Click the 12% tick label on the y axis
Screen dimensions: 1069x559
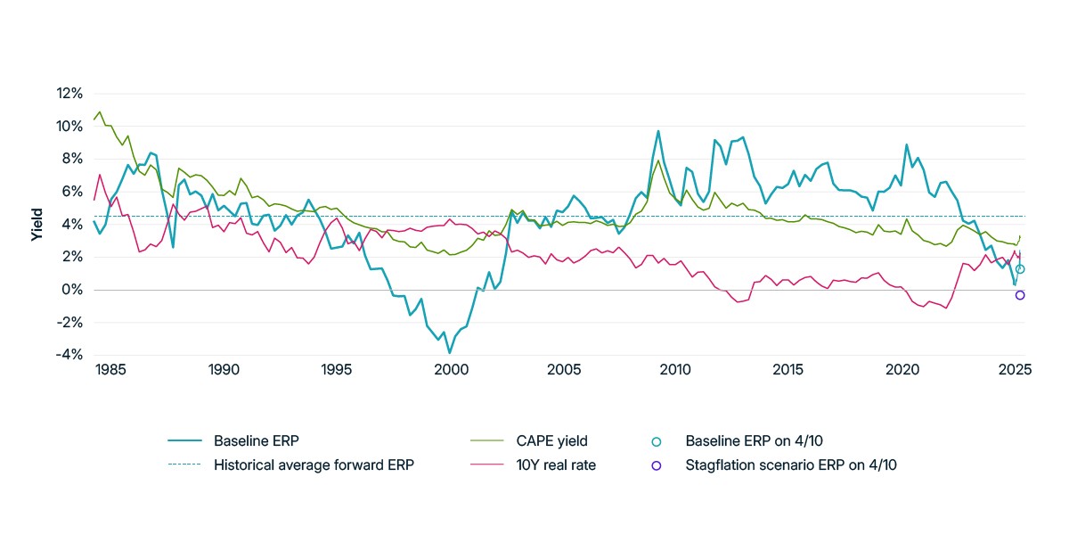coord(69,93)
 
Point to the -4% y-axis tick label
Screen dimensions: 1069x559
coord(69,355)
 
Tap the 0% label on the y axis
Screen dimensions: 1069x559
coord(72,290)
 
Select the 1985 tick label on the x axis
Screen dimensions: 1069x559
coord(110,369)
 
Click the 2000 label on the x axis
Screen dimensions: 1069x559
coord(451,369)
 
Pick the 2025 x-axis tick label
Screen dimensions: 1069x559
coord(1016,369)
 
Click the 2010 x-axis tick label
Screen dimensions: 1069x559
coord(675,369)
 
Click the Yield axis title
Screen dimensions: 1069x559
coord(37,225)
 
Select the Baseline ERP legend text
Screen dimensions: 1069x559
coord(257,440)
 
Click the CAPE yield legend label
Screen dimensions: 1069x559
coord(551,440)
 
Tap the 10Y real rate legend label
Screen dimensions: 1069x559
coord(556,464)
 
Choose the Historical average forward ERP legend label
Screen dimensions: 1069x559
coord(314,464)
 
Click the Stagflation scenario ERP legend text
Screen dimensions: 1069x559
coord(791,464)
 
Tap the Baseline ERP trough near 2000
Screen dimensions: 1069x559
coord(450,352)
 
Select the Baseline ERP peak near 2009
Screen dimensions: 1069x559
coord(658,131)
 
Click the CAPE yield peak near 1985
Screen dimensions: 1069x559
coord(99,112)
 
